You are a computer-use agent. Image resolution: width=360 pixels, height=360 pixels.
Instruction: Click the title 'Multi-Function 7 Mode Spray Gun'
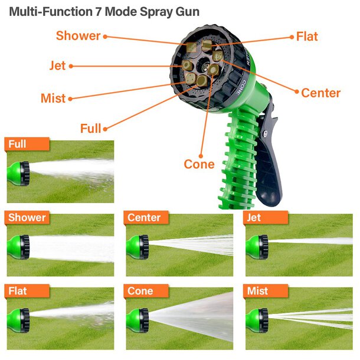[104, 12]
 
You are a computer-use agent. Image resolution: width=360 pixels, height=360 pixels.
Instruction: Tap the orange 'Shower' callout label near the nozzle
[78, 35]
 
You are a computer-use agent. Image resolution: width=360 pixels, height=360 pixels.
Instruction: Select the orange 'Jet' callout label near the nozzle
[58, 66]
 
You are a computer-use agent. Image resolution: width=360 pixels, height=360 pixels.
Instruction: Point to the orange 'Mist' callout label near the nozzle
[53, 98]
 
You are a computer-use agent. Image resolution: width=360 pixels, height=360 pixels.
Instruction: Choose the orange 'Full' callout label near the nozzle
[90, 128]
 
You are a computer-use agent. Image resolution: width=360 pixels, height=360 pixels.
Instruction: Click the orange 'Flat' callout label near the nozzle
[307, 37]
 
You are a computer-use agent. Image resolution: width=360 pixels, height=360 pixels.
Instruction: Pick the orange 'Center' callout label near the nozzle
[320, 93]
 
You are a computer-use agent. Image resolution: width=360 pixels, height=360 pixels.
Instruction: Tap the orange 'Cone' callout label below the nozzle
[199, 164]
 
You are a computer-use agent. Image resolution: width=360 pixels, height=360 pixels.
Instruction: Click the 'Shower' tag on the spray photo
[27, 217]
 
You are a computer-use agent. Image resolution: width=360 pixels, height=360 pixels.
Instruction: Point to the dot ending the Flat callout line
[291, 37]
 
